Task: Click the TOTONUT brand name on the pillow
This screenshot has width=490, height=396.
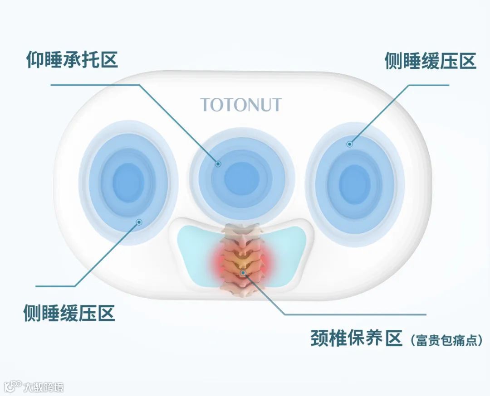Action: click(241, 105)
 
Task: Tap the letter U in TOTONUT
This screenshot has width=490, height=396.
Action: click(263, 105)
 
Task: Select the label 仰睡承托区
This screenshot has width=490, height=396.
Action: click(72, 59)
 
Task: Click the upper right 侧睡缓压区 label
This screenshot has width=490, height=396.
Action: click(430, 61)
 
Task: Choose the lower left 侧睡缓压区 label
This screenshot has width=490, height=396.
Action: click(69, 313)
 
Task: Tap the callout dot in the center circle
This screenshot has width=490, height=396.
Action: click(218, 164)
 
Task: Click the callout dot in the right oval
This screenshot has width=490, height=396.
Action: click(349, 144)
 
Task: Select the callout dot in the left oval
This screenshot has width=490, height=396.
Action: click(139, 222)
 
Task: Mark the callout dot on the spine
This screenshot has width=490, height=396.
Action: click(244, 272)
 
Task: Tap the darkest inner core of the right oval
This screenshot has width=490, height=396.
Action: click(355, 180)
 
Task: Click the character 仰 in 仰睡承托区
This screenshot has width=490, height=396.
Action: click(34, 59)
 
